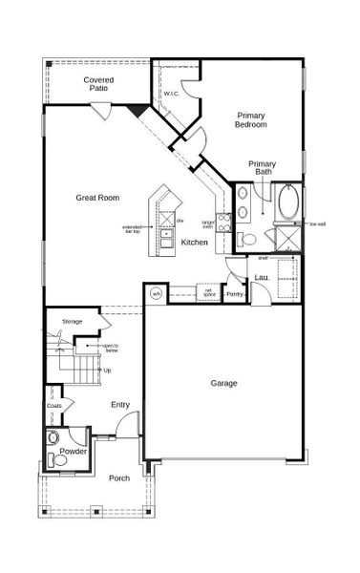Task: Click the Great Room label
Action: pos(97,198)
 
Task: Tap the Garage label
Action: pos(223,383)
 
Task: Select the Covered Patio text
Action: pos(98,83)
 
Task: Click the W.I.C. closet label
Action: pos(171,94)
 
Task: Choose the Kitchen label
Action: pos(195,243)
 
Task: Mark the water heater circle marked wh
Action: pos(157,293)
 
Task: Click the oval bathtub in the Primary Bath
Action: pos(288,202)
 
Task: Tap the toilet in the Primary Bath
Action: pos(244,238)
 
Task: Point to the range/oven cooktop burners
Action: pos(224,223)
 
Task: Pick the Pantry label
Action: pos(235,295)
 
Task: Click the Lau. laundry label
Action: pos(259,278)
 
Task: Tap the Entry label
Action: pos(119,405)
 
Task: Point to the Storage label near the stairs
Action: pos(72,321)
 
